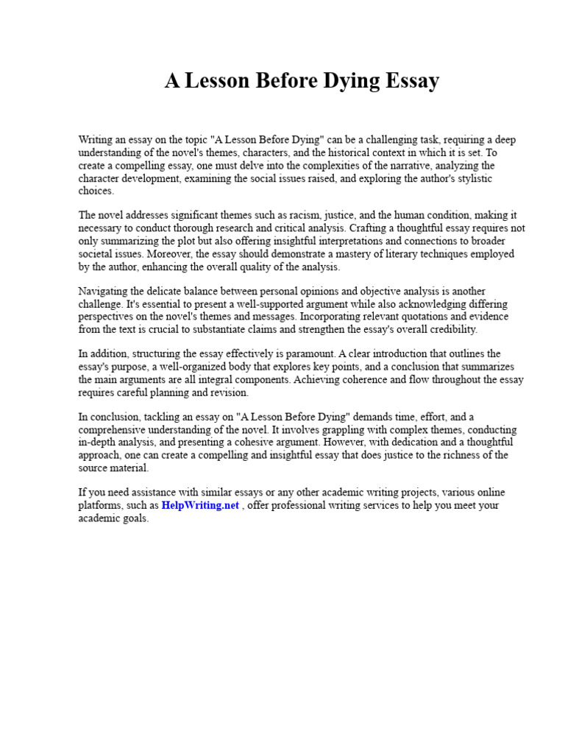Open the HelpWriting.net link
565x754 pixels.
click(200, 506)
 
